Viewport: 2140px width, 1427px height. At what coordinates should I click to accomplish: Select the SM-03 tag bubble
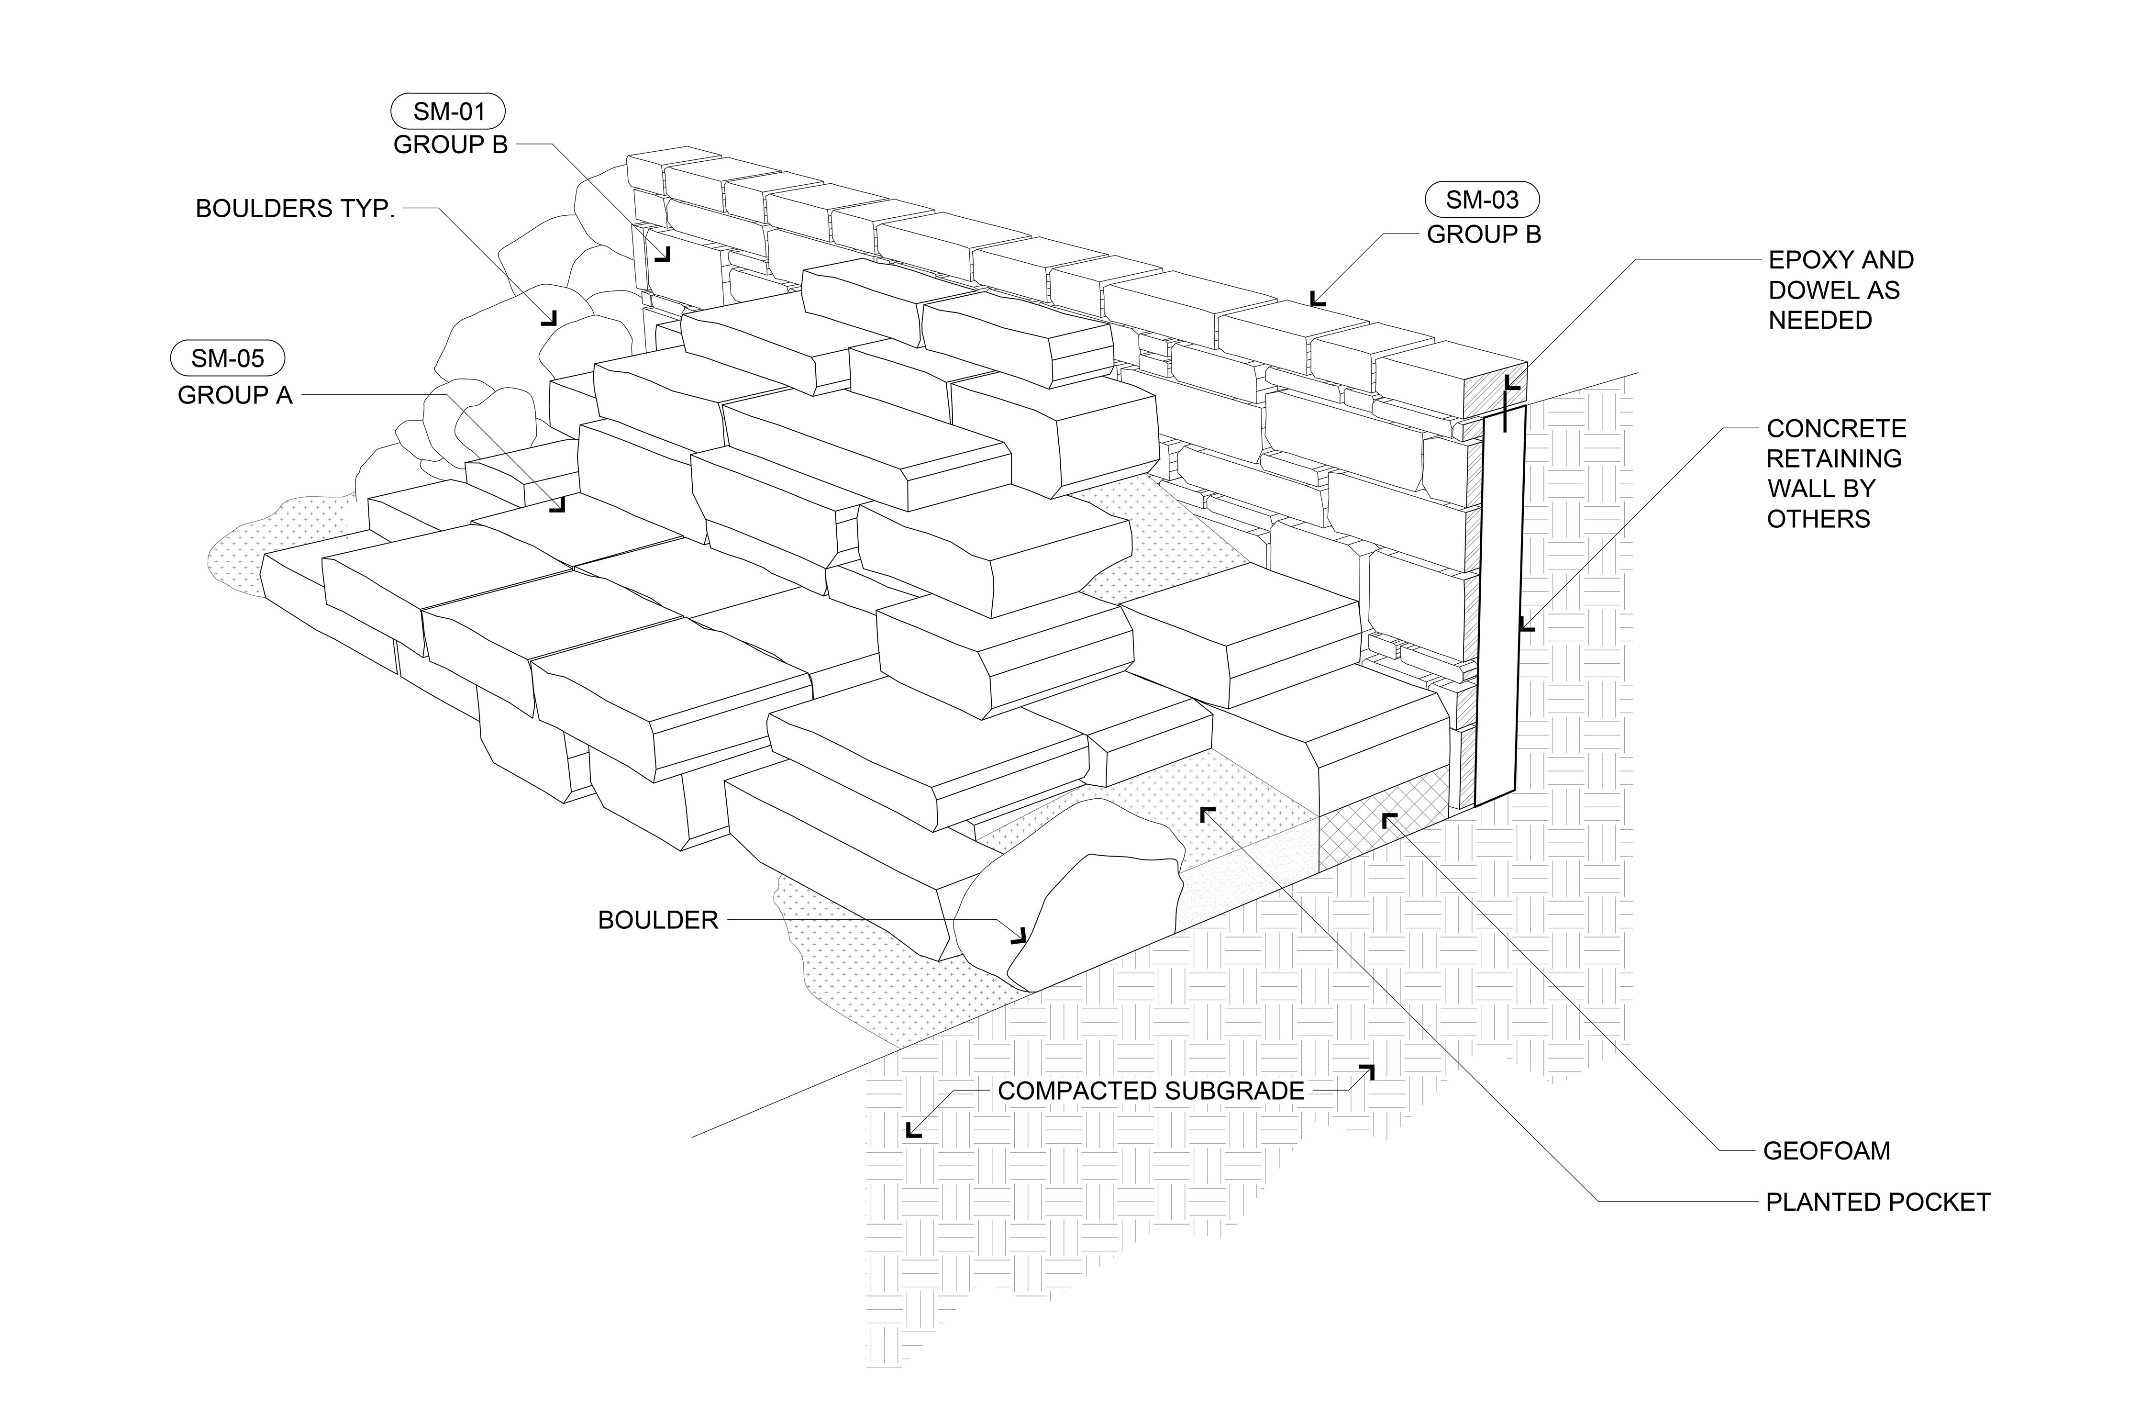pos(1482,199)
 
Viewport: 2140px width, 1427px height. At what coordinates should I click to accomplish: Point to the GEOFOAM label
pos(1826,1151)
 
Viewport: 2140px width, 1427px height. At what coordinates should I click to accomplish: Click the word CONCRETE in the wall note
pos(1836,429)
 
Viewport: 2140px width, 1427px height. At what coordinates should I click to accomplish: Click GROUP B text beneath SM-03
pos(1483,235)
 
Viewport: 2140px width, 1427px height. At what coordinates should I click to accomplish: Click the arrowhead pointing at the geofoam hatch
pos(1388,820)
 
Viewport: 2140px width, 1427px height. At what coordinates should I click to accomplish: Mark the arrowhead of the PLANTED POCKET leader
pos(1207,813)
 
